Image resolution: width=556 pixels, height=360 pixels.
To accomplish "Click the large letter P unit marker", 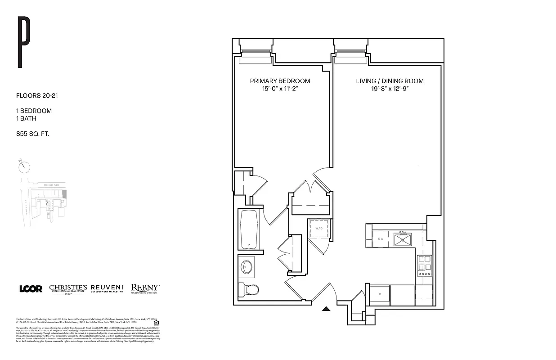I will pyautogui.click(x=23, y=42).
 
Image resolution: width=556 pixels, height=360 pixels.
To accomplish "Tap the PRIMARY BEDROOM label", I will pyautogui.click(x=280, y=81).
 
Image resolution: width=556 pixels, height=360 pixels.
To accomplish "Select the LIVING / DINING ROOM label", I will pyautogui.click(x=390, y=81).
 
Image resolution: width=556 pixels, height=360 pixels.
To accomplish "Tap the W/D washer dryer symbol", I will pyautogui.click(x=319, y=229).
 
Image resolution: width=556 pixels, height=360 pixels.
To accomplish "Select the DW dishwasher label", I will pyautogui.click(x=381, y=238).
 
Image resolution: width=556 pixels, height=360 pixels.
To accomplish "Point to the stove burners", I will pyautogui.click(x=425, y=265).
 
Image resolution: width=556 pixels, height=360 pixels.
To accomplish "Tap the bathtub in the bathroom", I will pyautogui.click(x=249, y=230).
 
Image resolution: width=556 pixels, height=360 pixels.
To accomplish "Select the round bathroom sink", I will pyautogui.click(x=246, y=267).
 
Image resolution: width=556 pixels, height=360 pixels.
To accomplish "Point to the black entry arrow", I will pyautogui.click(x=327, y=309).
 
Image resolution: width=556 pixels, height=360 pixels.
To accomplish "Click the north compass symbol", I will pyautogui.click(x=24, y=166).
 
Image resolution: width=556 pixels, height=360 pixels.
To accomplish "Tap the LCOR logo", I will pyautogui.click(x=31, y=288).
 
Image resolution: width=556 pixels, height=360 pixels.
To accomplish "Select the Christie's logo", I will pyautogui.click(x=68, y=289).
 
